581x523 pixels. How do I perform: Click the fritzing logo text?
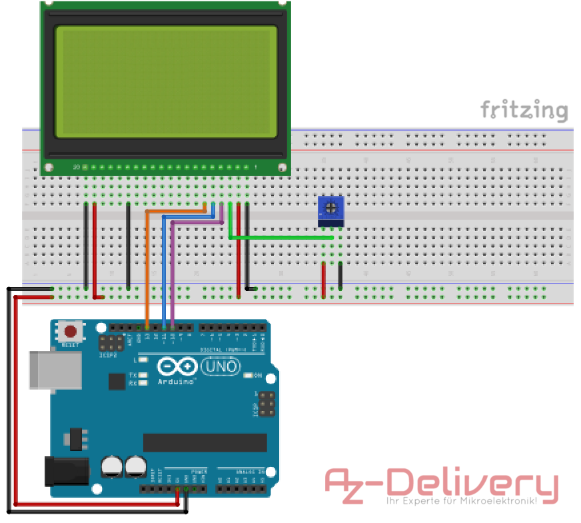point(524,110)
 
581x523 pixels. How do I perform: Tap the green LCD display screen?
point(166,81)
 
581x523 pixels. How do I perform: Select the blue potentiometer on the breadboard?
point(331,210)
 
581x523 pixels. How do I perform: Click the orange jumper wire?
point(147,267)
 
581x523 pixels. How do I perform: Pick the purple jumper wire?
point(173,274)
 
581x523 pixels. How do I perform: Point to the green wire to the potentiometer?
point(280,237)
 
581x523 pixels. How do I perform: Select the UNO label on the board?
point(220,366)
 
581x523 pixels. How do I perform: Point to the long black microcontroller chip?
point(205,442)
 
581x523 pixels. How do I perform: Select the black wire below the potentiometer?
point(340,276)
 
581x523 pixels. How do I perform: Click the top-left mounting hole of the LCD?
point(48,5)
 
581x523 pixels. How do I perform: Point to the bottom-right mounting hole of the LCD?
point(282,167)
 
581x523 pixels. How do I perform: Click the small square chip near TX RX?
point(117,381)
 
